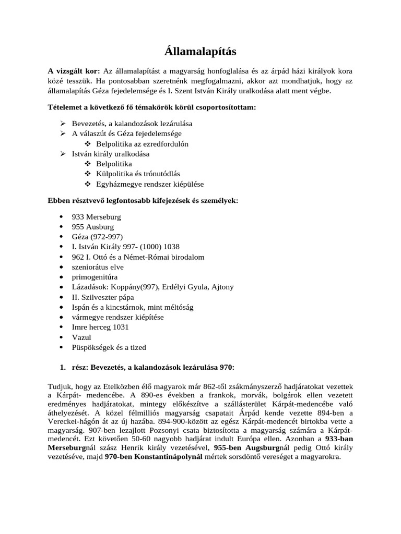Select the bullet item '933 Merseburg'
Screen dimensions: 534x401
96,217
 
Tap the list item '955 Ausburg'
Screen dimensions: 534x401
92,227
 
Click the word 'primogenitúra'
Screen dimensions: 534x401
95,277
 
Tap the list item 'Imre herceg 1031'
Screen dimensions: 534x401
100,327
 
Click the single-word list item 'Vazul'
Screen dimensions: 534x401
81,337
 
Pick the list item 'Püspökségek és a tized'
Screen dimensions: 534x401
109,347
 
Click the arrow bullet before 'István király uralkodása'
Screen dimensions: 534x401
63,154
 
